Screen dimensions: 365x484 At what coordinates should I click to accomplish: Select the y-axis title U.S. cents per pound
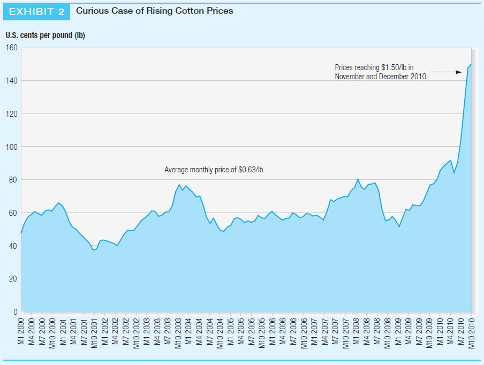pos(45,36)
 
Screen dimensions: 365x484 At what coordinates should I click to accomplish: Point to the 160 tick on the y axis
pos(12,48)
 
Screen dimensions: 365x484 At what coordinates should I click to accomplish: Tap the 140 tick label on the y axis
pos(12,81)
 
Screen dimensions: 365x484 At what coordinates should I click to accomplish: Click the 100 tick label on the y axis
pos(12,147)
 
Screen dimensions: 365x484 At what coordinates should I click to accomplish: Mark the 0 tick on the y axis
pos(16,311)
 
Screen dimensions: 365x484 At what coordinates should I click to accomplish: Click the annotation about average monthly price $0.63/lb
pos(214,170)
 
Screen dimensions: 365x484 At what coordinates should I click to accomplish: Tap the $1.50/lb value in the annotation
pos(394,67)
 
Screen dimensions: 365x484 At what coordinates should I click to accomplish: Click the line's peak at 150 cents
pos(471,64)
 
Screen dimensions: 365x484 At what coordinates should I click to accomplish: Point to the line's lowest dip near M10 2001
pos(93,250)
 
